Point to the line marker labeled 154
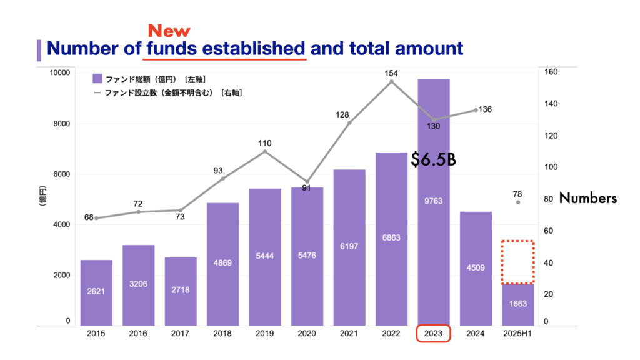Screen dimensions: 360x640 [x=391, y=81]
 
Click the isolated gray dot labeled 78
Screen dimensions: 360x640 [x=518, y=202]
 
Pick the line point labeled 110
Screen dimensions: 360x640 [x=265, y=151]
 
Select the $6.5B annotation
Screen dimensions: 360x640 [x=433, y=160]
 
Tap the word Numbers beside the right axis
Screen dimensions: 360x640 [x=587, y=199]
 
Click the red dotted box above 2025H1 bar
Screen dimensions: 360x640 [x=518, y=262]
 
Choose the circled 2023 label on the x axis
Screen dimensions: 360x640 [x=434, y=334]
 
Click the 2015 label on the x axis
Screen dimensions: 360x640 [x=96, y=334]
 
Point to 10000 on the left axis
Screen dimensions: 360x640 [x=60, y=72]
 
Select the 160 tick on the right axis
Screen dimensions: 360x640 [x=551, y=72]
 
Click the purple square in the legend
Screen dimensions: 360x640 [x=97, y=79]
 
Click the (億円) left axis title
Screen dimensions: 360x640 [x=43, y=197]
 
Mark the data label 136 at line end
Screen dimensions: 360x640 [x=485, y=109]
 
